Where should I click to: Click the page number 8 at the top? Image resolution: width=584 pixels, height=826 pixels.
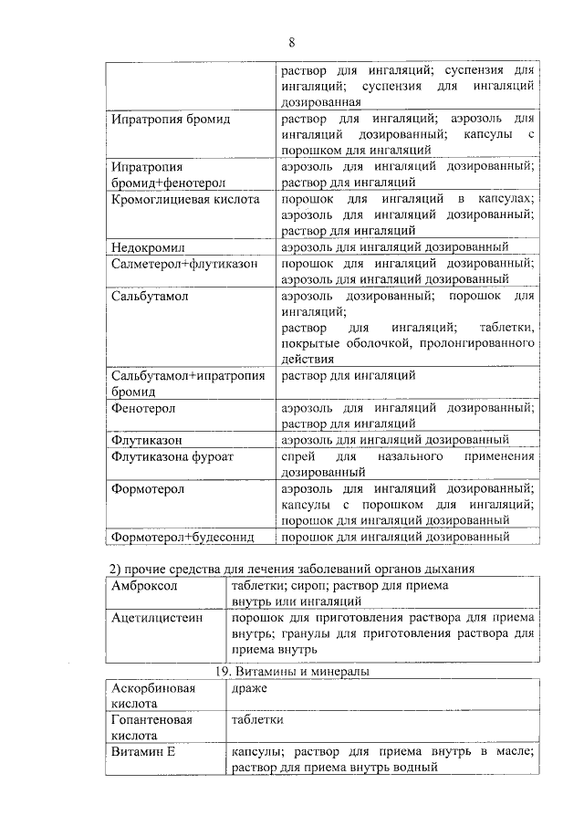292,42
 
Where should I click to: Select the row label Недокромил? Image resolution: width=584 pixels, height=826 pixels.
148,247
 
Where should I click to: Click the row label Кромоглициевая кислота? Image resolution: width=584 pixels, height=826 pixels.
185,199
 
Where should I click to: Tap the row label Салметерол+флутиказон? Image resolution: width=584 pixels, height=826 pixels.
183,264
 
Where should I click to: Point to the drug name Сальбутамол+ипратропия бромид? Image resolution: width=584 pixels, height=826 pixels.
187,383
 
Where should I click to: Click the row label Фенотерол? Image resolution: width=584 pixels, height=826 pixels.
143,408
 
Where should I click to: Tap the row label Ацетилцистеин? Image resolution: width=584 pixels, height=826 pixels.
154,618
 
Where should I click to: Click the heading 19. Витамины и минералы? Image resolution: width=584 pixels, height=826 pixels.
292,672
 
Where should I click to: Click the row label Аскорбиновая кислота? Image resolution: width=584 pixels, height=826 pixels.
153,696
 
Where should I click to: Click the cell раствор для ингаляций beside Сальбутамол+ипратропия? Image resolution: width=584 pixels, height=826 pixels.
349,375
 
